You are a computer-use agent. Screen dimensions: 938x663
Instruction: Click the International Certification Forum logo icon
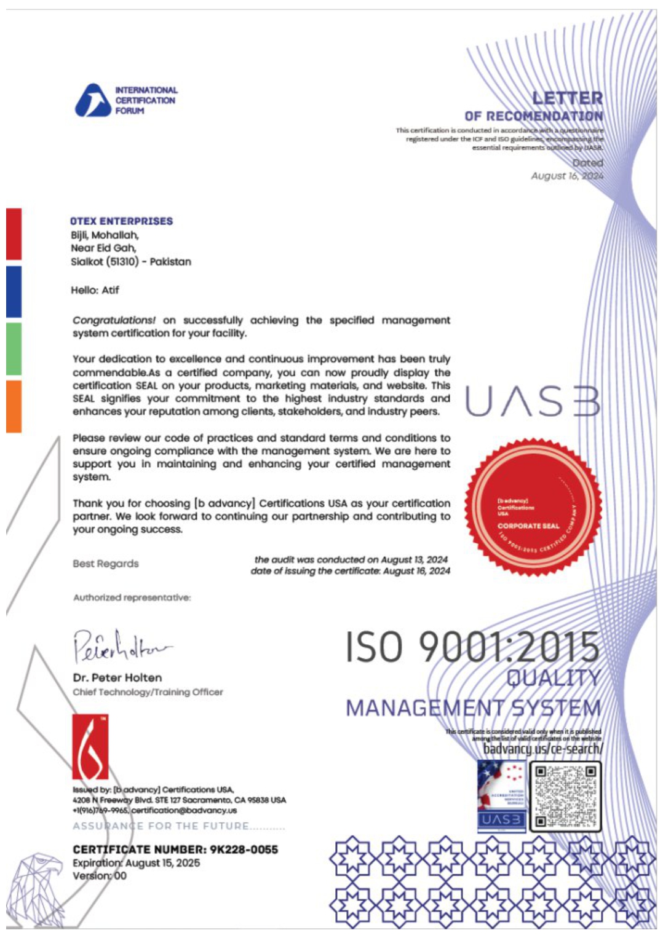(x=92, y=100)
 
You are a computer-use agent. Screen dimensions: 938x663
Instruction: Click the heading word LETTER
(x=567, y=98)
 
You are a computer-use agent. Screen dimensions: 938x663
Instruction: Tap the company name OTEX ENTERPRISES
(x=121, y=221)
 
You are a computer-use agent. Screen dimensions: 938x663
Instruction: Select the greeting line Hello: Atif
(x=95, y=290)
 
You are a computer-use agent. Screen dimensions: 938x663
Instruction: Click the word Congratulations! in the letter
(x=114, y=320)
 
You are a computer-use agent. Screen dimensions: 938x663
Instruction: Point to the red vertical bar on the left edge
(x=14, y=234)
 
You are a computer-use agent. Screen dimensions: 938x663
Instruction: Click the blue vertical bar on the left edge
(x=14, y=291)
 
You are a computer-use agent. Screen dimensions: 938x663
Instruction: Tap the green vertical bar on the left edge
(x=14, y=349)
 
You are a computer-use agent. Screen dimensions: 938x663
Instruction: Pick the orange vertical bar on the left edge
(x=14, y=406)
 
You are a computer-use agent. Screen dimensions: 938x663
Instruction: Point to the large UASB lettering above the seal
(x=532, y=402)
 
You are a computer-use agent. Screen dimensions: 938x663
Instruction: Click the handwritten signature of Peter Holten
(x=121, y=647)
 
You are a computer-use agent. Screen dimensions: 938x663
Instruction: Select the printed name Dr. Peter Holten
(x=117, y=678)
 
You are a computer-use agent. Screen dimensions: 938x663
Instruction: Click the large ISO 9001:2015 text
(x=472, y=647)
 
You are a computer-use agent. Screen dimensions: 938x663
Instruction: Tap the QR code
(x=565, y=796)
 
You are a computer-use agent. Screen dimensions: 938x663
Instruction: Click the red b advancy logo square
(x=90, y=746)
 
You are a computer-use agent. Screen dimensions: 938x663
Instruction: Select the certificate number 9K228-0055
(x=244, y=849)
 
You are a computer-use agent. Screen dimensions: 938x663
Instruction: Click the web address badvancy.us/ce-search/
(x=542, y=749)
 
